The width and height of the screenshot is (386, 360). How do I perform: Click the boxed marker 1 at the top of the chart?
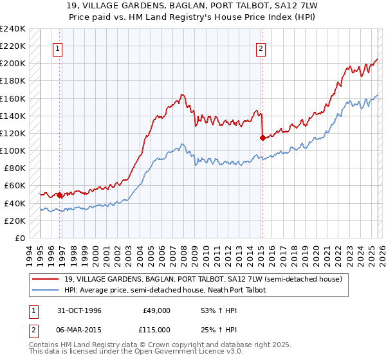click(x=58, y=48)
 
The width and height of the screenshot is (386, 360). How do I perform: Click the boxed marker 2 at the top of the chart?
click(x=261, y=48)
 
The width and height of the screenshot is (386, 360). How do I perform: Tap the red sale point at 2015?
click(x=262, y=137)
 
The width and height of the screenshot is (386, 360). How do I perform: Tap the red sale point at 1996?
click(x=60, y=195)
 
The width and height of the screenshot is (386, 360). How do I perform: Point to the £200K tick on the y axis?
click(x=13, y=64)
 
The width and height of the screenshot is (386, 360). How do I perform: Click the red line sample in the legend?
click(x=46, y=278)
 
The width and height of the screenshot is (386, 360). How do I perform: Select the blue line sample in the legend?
click(x=46, y=290)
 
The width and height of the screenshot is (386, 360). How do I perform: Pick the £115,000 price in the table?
click(x=156, y=329)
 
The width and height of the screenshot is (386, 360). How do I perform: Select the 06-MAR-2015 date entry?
click(x=75, y=329)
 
